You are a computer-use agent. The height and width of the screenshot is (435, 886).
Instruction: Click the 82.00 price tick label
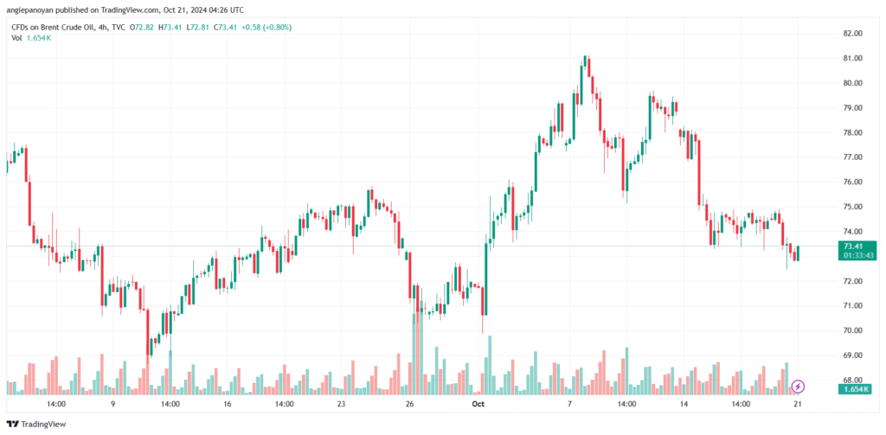852,33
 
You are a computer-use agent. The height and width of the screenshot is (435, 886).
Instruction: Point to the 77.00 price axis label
852,157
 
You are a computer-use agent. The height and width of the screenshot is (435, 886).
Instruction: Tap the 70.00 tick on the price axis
852,331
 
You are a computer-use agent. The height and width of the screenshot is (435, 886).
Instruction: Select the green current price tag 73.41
852,246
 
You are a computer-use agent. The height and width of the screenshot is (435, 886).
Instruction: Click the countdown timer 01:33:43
852,256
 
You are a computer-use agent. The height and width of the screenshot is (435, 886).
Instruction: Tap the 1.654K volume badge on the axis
852,390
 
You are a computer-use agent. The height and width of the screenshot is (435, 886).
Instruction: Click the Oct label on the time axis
478,404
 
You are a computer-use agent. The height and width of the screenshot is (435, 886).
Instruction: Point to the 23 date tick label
342,404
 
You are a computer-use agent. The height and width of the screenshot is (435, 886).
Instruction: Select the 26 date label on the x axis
410,404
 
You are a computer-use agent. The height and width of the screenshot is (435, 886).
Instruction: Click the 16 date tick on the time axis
228,404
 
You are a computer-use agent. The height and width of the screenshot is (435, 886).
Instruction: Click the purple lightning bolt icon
799,386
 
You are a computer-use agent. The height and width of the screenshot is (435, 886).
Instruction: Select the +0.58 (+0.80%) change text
267,28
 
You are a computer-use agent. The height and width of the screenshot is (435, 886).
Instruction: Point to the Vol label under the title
16,40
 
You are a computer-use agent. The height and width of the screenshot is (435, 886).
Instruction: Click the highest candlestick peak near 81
586,59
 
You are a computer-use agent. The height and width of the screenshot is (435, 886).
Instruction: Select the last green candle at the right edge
796,253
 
